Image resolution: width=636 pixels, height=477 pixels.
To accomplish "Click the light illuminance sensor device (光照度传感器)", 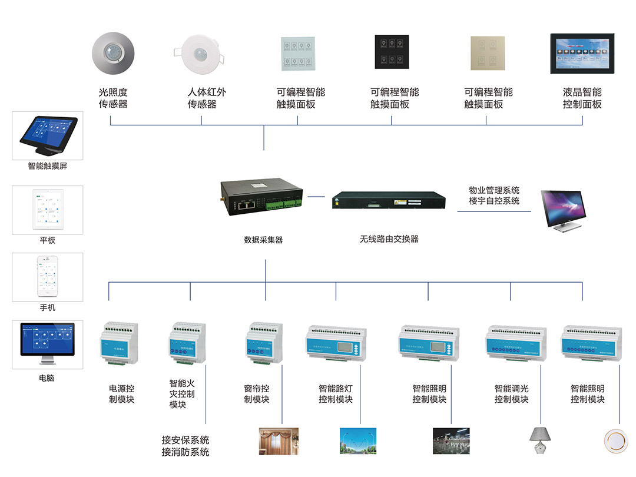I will tap(114, 54).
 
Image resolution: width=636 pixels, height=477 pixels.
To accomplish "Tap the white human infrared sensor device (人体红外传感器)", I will tap(202, 54).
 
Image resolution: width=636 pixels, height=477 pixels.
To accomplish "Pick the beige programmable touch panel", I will tap(488, 52).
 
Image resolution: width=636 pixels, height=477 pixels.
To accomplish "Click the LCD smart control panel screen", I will tap(582, 53).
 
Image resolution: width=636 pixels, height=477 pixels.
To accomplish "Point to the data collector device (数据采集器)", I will tap(262, 199).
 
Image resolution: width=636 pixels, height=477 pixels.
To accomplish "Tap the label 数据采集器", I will tap(263, 240).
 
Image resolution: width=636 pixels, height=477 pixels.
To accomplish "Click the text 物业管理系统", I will tap(494, 190).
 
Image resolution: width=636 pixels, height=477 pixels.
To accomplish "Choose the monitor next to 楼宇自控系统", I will tap(565, 210).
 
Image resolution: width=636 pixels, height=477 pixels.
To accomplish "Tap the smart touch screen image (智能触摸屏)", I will tap(48, 135).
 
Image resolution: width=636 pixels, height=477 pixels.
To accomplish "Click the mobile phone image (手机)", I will tap(48, 276).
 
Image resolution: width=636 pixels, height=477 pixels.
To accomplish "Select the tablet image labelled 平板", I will tap(48, 209).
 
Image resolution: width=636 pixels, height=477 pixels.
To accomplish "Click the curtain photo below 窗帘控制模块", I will tap(279, 441).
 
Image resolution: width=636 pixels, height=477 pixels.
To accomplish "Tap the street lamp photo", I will tap(359, 441).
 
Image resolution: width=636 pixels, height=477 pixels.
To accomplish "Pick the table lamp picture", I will tap(539, 442).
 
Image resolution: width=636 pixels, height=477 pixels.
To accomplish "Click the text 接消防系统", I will tap(185, 452).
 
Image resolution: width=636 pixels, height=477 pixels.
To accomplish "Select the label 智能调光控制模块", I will tap(511, 394).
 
